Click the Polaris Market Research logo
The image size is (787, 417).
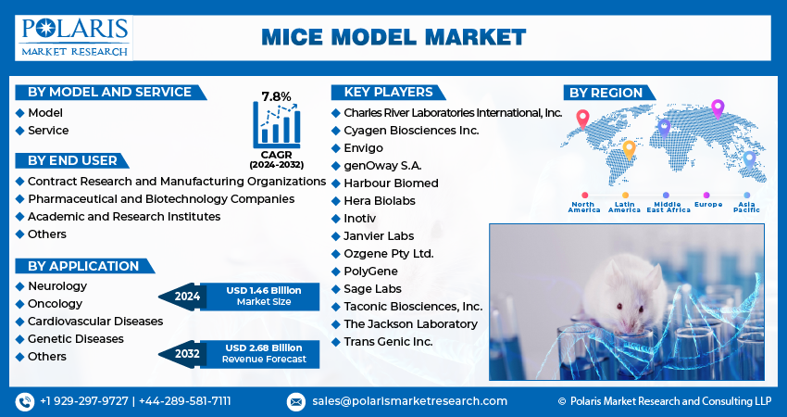pyautogui.click(x=75, y=36)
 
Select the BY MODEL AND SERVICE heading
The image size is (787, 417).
pyautogui.click(x=109, y=92)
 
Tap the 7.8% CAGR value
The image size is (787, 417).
pyautogui.click(x=276, y=96)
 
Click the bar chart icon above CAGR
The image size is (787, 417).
pyautogui.click(x=276, y=122)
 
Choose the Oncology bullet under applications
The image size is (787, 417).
pyautogui.click(x=55, y=304)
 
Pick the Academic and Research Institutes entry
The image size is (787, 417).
pyautogui.click(x=123, y=216)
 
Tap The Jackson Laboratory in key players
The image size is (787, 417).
pyautogui.click(x=410, y=324)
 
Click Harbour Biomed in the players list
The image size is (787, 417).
pyautogui.click(x=391, y=183)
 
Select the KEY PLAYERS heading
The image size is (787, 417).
pyautogui.click(x=388, y=92)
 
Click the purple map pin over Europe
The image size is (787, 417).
pyautogui.click(x=717, y=108)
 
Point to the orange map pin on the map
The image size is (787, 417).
pyautogui.click(x=629, y=149)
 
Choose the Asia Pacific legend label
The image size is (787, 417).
pyautogui.click(x=747, y=207)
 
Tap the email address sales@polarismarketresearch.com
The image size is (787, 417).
pyautogui.click(x=408, y=401)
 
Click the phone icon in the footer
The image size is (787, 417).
pyautogui.click(x=24, y=401)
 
